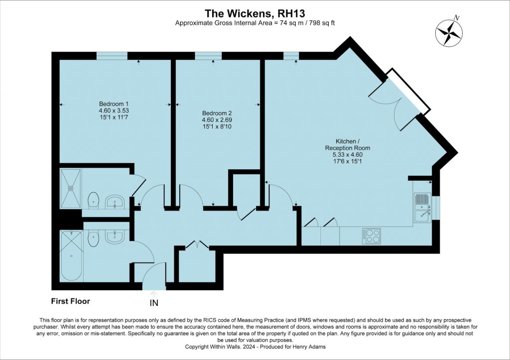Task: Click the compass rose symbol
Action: click(449, 31)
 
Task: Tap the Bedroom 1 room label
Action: click(114, 110)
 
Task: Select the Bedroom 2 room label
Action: click(217, 120)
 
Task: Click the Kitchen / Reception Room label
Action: click(347, 151)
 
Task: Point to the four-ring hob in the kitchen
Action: click(372, 236)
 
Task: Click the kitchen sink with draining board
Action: click(422, 208)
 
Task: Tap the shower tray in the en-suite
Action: click(70, 188)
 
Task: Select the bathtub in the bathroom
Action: click(71, 255)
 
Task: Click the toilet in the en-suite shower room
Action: click(93, 200)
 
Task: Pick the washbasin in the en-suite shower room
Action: click(115, 202)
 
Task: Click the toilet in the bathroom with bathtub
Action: click(93, 239)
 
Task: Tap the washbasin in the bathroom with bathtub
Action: click(115, 237)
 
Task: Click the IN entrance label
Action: click(154, 303)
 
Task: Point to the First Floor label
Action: click(71, 301)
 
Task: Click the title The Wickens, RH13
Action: click(255, 13)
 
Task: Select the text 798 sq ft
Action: click(322, 23)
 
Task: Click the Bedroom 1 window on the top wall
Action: click(112, 56)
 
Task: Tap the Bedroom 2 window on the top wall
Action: click(208, 56)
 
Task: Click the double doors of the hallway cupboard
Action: click(197, 245)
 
